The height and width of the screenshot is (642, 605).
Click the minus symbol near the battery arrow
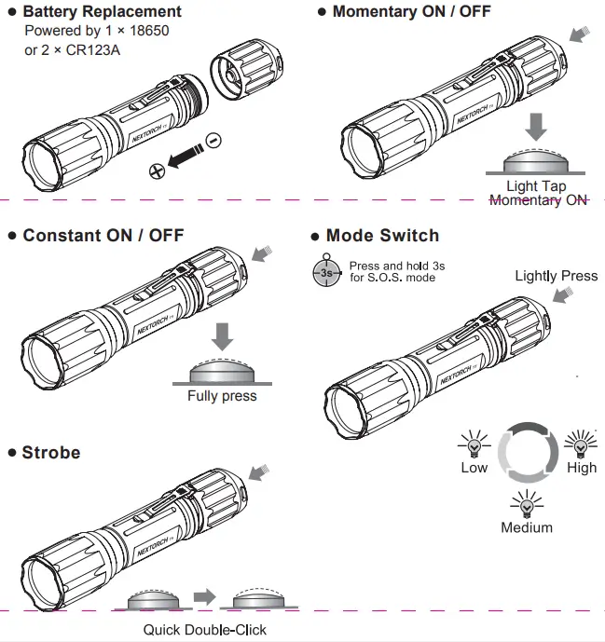point(213,140)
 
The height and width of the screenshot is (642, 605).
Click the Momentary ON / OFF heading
point(410,12)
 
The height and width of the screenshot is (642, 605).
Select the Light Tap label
point(536,186)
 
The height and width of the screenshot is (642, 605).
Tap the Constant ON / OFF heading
point(103,235)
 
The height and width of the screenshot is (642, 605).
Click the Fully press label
point(222,395)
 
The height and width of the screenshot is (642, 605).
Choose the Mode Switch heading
point(381,236)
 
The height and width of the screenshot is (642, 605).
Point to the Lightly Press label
point(556,275)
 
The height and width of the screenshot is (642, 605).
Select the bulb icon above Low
point(474,439)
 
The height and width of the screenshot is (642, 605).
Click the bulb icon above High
point(581,439)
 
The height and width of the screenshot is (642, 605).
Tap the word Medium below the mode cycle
point(527,527)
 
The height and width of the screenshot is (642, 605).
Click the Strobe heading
point(51,453)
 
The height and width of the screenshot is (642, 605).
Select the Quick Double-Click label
point(204,630)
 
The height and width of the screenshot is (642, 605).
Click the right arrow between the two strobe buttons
point(204,595)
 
